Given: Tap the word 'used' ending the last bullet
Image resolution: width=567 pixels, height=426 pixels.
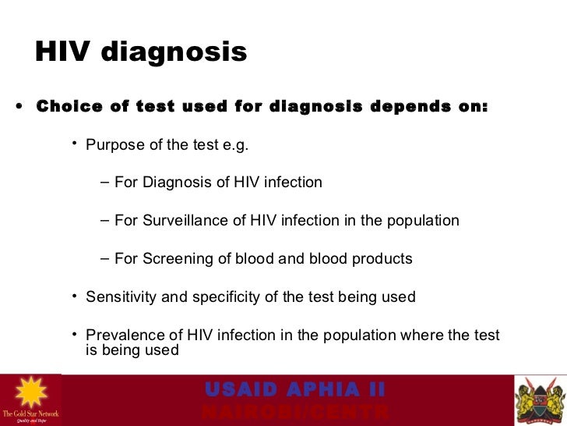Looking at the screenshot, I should [x=161, y=350].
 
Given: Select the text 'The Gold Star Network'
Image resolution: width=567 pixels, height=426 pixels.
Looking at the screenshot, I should [x=30, y=413].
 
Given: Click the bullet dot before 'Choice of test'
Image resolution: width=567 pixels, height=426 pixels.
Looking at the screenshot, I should [x=18, y=108].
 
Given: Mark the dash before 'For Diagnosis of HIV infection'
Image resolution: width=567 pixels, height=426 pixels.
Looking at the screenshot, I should [x=105, y=183].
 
